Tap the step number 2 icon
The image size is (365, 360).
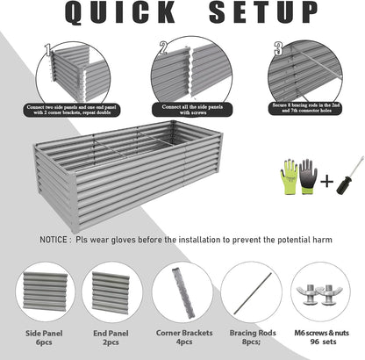tap(163, 48)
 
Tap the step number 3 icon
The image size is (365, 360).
tap(278, 48)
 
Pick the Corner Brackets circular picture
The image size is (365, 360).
tap(182, 291)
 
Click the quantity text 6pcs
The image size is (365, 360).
tap(45, 343)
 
